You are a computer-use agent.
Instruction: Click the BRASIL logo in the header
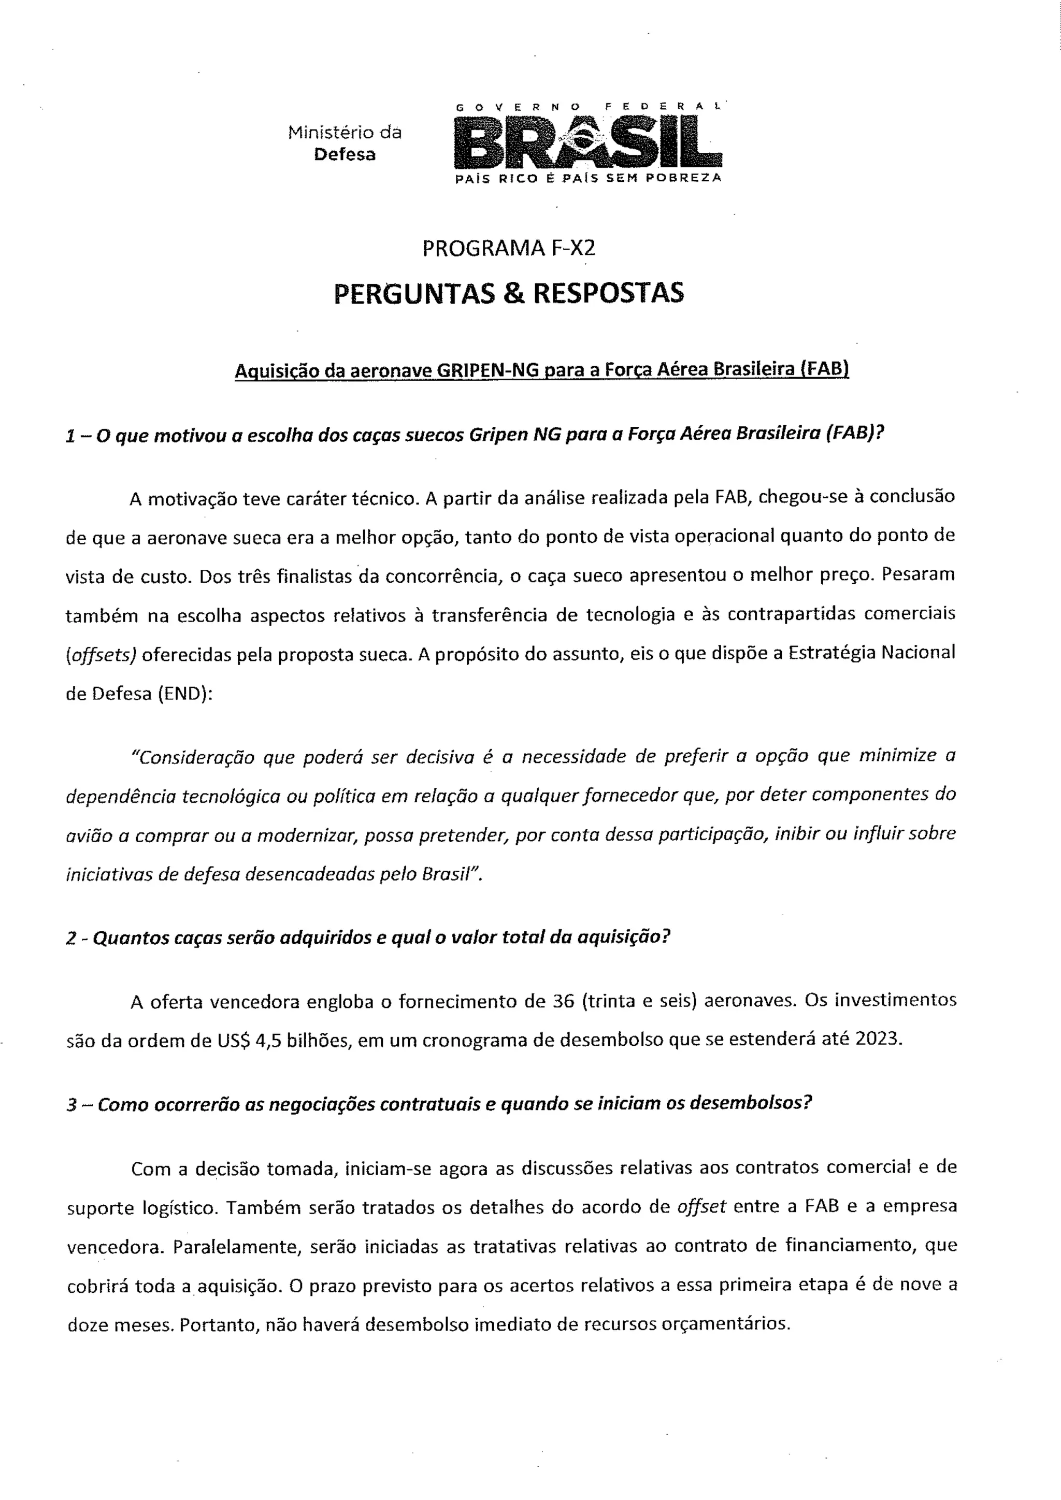tap(588, 140)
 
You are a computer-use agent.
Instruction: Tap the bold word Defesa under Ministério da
tap(345, 155)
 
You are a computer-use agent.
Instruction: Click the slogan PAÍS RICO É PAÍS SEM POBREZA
tap(588, 178)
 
